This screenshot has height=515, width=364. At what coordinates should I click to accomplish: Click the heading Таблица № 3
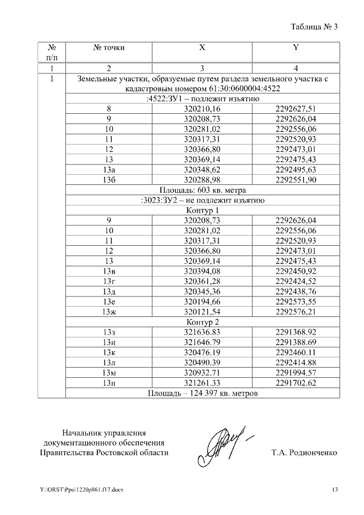click(314, 27)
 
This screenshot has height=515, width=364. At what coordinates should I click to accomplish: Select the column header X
click(202, 48)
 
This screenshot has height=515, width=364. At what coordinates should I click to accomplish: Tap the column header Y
click(295, 48)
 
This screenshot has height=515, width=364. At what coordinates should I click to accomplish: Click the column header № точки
click(109, 48)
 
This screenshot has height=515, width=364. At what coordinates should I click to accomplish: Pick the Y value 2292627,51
click(295, 109)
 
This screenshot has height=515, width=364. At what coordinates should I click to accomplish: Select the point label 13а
click(109, 170)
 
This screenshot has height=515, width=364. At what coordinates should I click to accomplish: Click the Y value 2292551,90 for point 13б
click(295, 180)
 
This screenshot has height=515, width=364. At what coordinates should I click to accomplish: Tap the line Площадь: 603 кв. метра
click(202, 190)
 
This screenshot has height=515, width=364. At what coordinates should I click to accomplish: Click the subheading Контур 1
click(202, 210)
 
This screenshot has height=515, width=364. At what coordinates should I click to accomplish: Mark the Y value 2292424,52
click(295, 281)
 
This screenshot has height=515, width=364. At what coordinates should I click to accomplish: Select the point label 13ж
click(109, 312)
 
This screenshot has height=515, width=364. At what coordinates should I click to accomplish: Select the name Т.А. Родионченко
click(305, 453)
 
